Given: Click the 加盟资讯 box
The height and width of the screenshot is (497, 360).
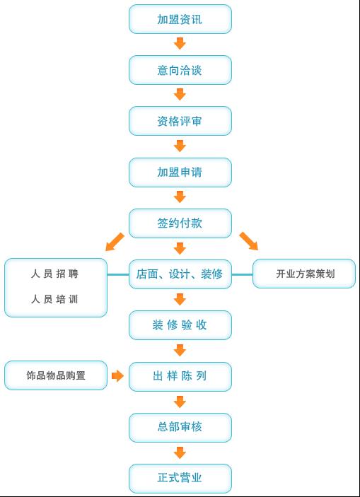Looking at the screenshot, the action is pos(180,19).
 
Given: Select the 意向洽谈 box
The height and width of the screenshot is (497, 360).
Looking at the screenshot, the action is pos(180,70).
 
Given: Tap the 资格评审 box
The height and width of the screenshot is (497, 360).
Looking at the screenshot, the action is pos(180,121).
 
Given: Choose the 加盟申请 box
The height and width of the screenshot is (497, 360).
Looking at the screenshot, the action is pos(180,172).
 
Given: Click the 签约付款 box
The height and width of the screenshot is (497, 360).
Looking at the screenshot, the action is pos(180,223).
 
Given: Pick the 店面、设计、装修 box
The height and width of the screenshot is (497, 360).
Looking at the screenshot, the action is pos(180,274).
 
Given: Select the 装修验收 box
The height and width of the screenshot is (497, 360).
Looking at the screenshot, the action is pos(180,325).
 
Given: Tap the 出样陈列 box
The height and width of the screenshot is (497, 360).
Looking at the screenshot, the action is pos(180,376).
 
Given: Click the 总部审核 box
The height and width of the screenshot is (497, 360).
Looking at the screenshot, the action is pos(180,427).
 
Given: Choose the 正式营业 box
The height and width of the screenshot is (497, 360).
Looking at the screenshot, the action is pos(180,479).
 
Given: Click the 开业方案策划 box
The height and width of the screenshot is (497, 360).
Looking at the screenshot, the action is pos(304,274).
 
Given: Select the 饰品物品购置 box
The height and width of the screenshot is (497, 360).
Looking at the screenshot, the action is pos(56,375).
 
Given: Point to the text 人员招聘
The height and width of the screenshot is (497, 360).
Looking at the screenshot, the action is pos(54,274).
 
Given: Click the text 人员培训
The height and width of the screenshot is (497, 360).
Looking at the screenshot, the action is pos(54,299).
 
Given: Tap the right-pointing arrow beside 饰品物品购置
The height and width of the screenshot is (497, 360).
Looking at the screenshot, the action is pos(117,375).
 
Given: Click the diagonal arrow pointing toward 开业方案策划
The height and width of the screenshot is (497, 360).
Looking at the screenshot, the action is pos(249,241).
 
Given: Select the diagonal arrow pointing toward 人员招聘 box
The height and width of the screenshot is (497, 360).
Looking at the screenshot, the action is pos(115,242).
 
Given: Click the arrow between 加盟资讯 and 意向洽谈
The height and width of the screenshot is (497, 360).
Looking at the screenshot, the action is pos(180,43).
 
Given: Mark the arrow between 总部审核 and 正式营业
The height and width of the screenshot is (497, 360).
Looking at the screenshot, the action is pos(180,452).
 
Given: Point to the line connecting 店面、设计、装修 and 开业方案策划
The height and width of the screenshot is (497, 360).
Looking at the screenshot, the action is pos(243,274).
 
